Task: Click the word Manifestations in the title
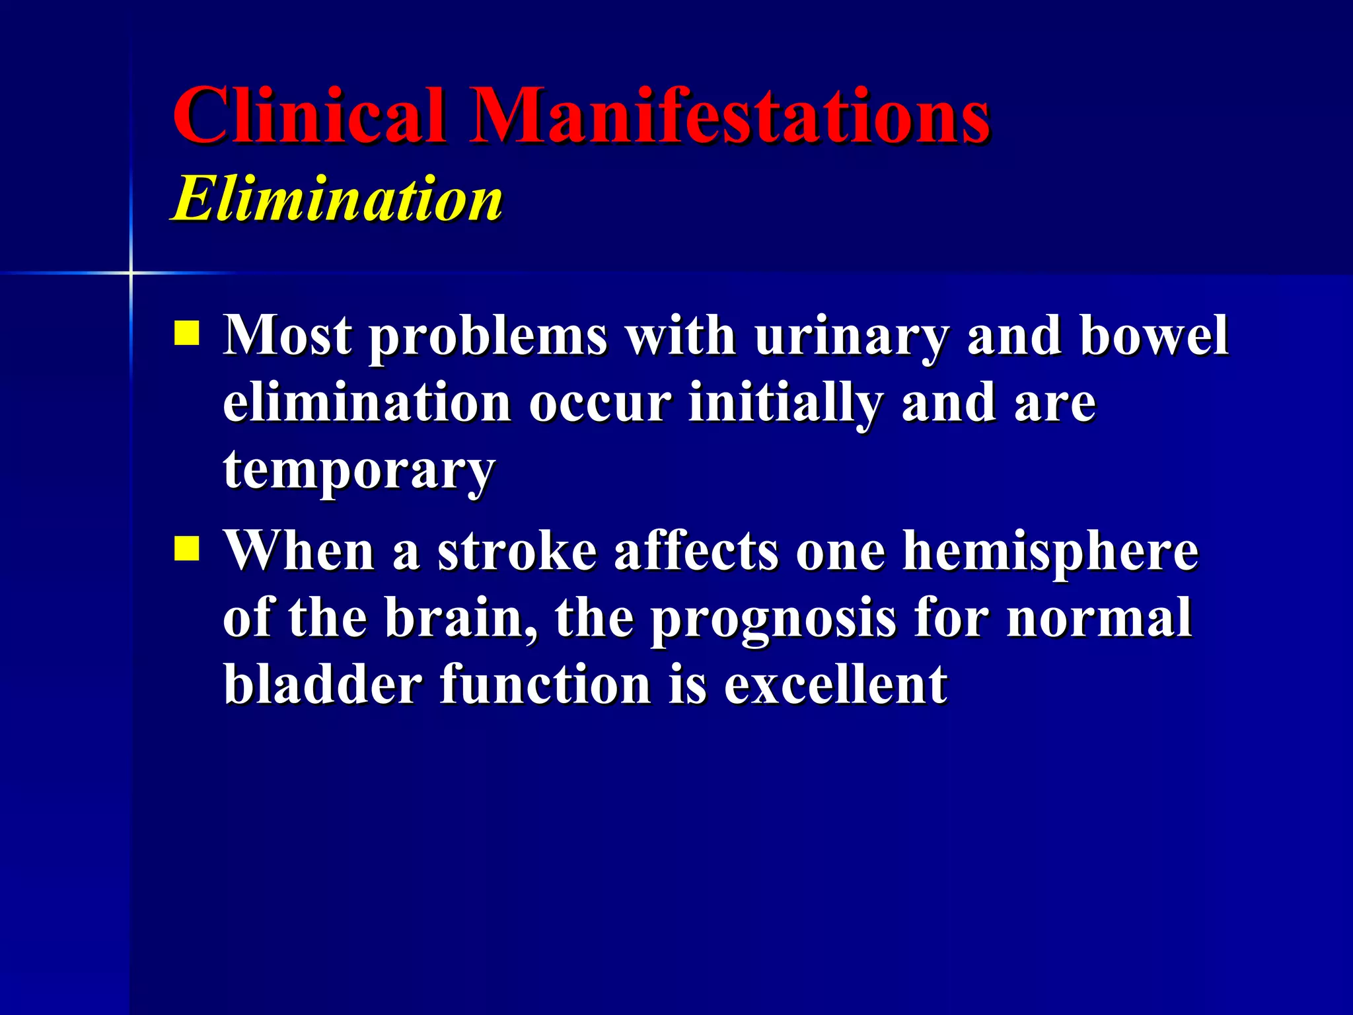729,116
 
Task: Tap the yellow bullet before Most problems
187,334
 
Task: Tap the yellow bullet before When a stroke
187,548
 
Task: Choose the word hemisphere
1050,552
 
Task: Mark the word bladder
322,685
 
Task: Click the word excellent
836,685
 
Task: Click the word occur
600,404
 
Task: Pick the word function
546,685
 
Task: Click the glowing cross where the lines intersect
131,272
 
